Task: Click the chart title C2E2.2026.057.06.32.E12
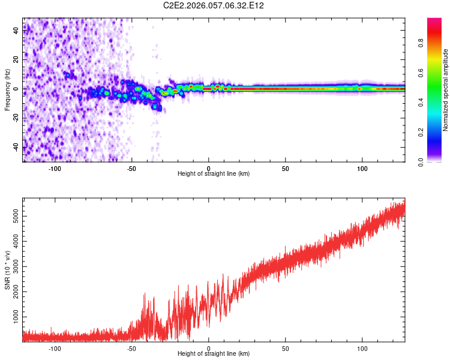click(214, 5)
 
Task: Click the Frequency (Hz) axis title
click(7, 89)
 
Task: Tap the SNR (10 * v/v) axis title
click(7, 271)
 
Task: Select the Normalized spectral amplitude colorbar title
click(446, 90)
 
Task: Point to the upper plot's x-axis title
click(214, 174)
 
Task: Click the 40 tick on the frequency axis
click(16, 31)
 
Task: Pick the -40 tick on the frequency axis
click(16, 148)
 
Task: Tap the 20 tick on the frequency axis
click(16, 60)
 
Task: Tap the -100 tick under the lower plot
click(55, 349)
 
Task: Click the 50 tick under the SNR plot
click(286, 349)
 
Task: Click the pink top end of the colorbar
click(434, 22)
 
